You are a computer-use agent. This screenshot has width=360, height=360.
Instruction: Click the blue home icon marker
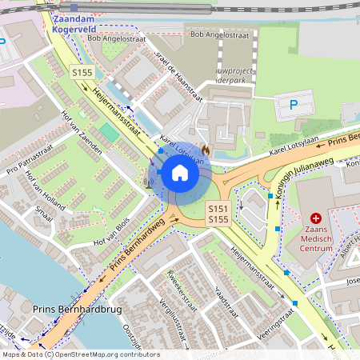click(180, 172)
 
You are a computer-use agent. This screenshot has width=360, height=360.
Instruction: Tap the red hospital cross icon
click(316, 218)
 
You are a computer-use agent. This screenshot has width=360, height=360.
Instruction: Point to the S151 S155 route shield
click(219, 214)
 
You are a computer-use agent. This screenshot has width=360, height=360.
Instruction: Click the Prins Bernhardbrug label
click(66, 308)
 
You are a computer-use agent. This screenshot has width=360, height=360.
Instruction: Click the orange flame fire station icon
click(205, 149)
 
